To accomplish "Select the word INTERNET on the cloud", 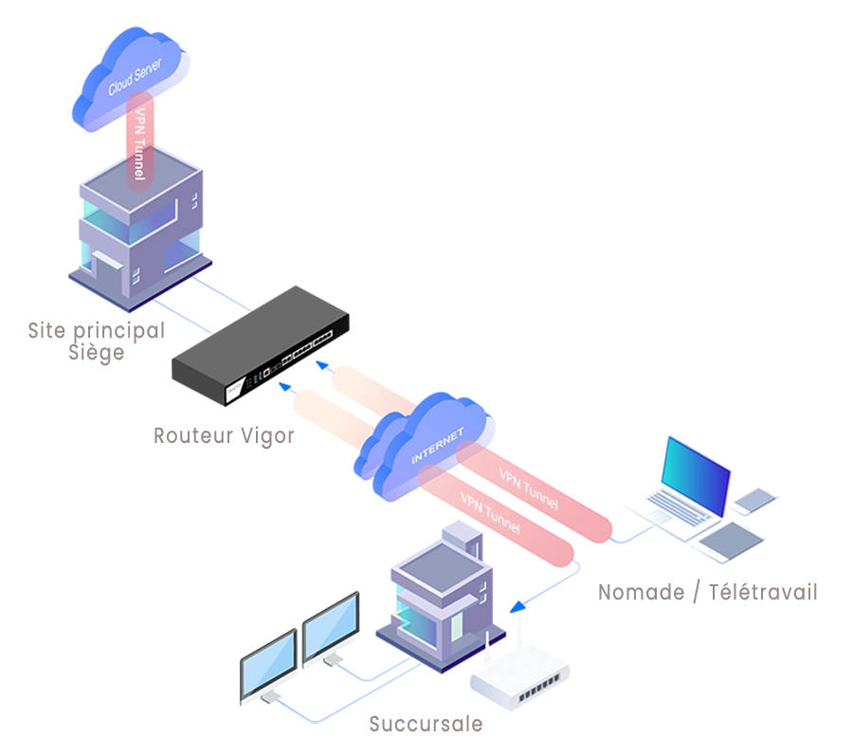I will pyautogui.click(x=438, y=446).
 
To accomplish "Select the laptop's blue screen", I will pyautogui.click(x=697, y=474).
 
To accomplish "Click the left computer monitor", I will pyautogui.click(x=267, y=669).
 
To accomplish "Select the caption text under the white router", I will pyautogui.click(x=424, y=725).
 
